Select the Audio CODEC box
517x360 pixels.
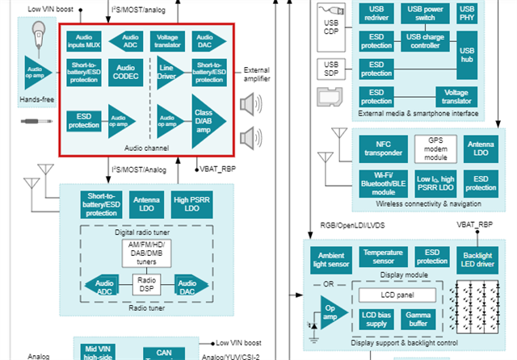coord(125,73)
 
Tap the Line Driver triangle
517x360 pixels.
coord(167,73)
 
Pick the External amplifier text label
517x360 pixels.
coord(256,75)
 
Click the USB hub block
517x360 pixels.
coord(466,52)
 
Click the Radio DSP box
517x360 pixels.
coord(147,284)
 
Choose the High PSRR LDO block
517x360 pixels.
coord(191,205)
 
